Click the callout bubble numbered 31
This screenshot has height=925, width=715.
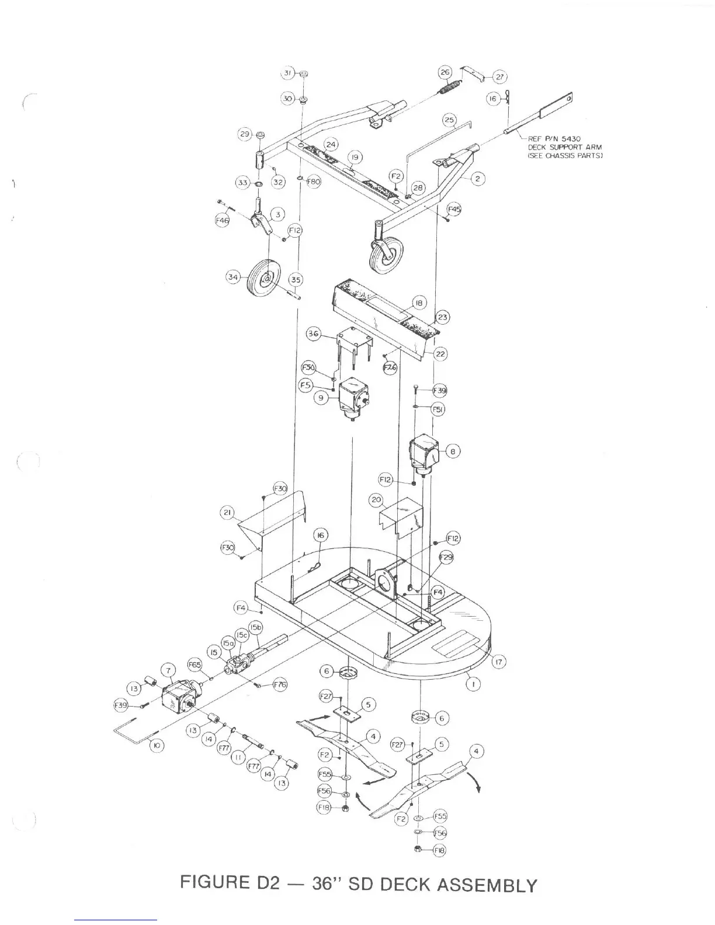pyautogui.click(x=288, y=74)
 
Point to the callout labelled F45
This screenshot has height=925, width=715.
pyautogui.click(x=454, y=209)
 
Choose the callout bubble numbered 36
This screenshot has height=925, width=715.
pyautogui.click(x=314, y=333)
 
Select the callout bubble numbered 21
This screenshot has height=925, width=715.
pyautogui.click(x=227, y=513)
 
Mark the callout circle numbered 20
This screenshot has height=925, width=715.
pyautogui.click(x=376, y=500)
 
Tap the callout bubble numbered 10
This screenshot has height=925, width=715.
pyautogui.click(x=157, y=746)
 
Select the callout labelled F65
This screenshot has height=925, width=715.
pyautogui.click(x=195, y=665)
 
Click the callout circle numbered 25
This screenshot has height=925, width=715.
pyautogui.click(x=449, y=120)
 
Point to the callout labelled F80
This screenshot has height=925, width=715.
pyautogui.click(x=314, y=182)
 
